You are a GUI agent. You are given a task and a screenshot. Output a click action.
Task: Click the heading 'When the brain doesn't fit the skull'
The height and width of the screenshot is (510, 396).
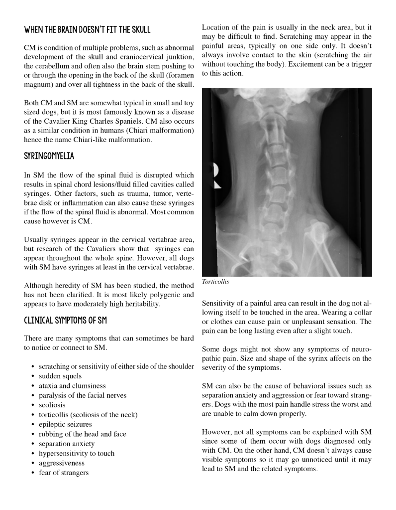coord(87,30)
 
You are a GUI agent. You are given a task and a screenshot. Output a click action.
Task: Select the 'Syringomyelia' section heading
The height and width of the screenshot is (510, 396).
coord(49,156)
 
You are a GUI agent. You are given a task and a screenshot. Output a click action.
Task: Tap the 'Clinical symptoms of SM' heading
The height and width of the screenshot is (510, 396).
coord(65,320)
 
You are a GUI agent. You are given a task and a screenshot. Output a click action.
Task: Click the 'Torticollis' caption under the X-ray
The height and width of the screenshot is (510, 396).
coord(216,282)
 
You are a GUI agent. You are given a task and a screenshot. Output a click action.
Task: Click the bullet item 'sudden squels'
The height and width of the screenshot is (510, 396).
coord(60,376)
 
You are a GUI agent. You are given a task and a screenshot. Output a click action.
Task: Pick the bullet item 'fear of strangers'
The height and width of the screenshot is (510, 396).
coord(64,473)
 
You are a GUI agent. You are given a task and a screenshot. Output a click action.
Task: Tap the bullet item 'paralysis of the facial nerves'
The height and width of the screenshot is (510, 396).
coord(83,395)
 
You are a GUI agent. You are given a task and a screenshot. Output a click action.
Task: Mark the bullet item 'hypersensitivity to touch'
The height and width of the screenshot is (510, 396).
coord(77,453)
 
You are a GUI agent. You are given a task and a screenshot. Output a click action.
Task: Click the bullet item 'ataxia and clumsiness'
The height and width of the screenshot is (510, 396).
coord(72,385)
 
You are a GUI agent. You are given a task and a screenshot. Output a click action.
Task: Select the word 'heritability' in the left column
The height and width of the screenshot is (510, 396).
coord(142,304)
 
